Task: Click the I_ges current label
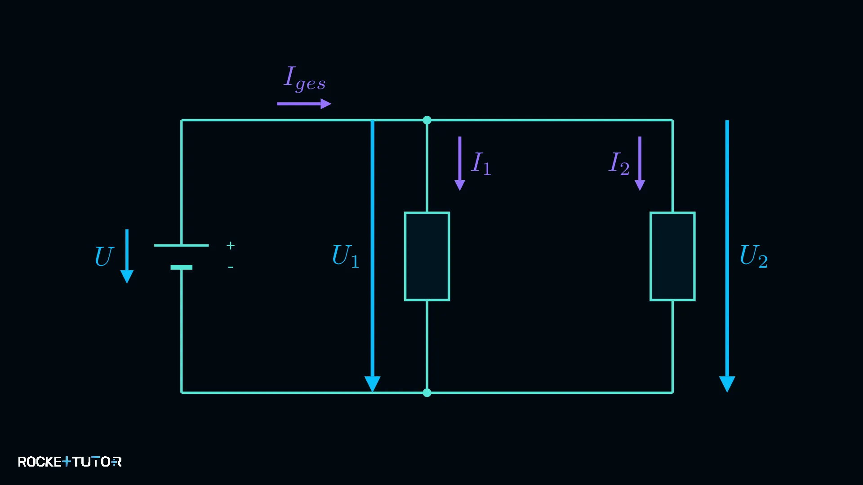[x=305, y=78]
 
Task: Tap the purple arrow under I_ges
[x=304, y=104]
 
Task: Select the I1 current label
[x=481, y=163]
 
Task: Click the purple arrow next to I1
[x=460, y=163]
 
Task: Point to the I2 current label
[x=619, y=163]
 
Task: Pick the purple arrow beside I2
[x=640, y=163]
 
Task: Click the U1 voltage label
[x=346, y=256]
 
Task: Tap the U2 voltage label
[x=754, y=256]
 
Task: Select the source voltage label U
[x=104, y=256]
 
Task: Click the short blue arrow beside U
[x=127, y=256]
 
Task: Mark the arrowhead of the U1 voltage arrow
[x=373, y=384]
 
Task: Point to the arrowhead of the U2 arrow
[x=727, y=384]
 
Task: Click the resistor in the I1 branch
[x=427, y=256]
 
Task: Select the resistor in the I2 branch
[x=673, y=256]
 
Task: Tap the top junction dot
[x=427, y=120]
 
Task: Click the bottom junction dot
[x=427, y=393]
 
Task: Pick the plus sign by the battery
[x=231, y=246]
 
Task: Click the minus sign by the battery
[x=231, y=267]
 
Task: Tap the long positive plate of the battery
[x=182, y=246]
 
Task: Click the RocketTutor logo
[x=70, y=462]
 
